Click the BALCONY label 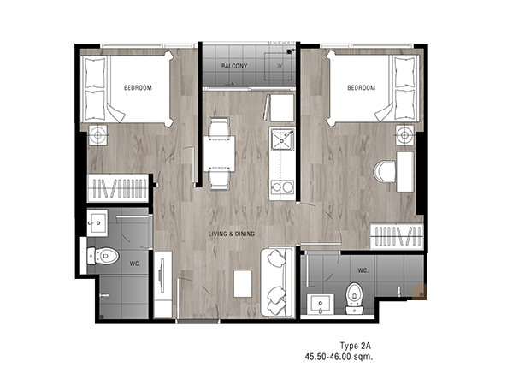pyautogui.click(x=234, y=66)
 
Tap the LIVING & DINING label pyautogui.click(x=232, y=234)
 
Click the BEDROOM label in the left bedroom pyautogui.click(x=138, y=88)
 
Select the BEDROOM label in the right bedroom pyautogui.click(x=361, y=88)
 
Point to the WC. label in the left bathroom pyautogui.click(x=135, y=264)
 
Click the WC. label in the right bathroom pyautogui.click(x=363, y=270)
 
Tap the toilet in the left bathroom pyautogui.click(x=103, y=256)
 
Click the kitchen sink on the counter pyautogui.click(x=281, y=139)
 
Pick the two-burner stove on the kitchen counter pyautogui.click(x=281, y=187)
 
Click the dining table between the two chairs pyautogui.click(x=219, y=153)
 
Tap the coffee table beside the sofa pyautogui.click(x=243, y=283)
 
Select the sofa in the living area pyautogui.click(x=277, y=282)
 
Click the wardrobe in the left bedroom pyautogui.click(x=118, y=188)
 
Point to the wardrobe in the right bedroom pyautogui.click(x=397, y=237)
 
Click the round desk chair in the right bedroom pyautogui.click(x=384, y=171)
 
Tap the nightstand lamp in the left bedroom pyautogui.click(x=97, y=135)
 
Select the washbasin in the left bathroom pyautogui.click(x=97, y=223)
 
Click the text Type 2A pyautogui.click(x=356, y=346)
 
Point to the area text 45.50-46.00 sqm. pyautogui.click(x=339, y=357)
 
